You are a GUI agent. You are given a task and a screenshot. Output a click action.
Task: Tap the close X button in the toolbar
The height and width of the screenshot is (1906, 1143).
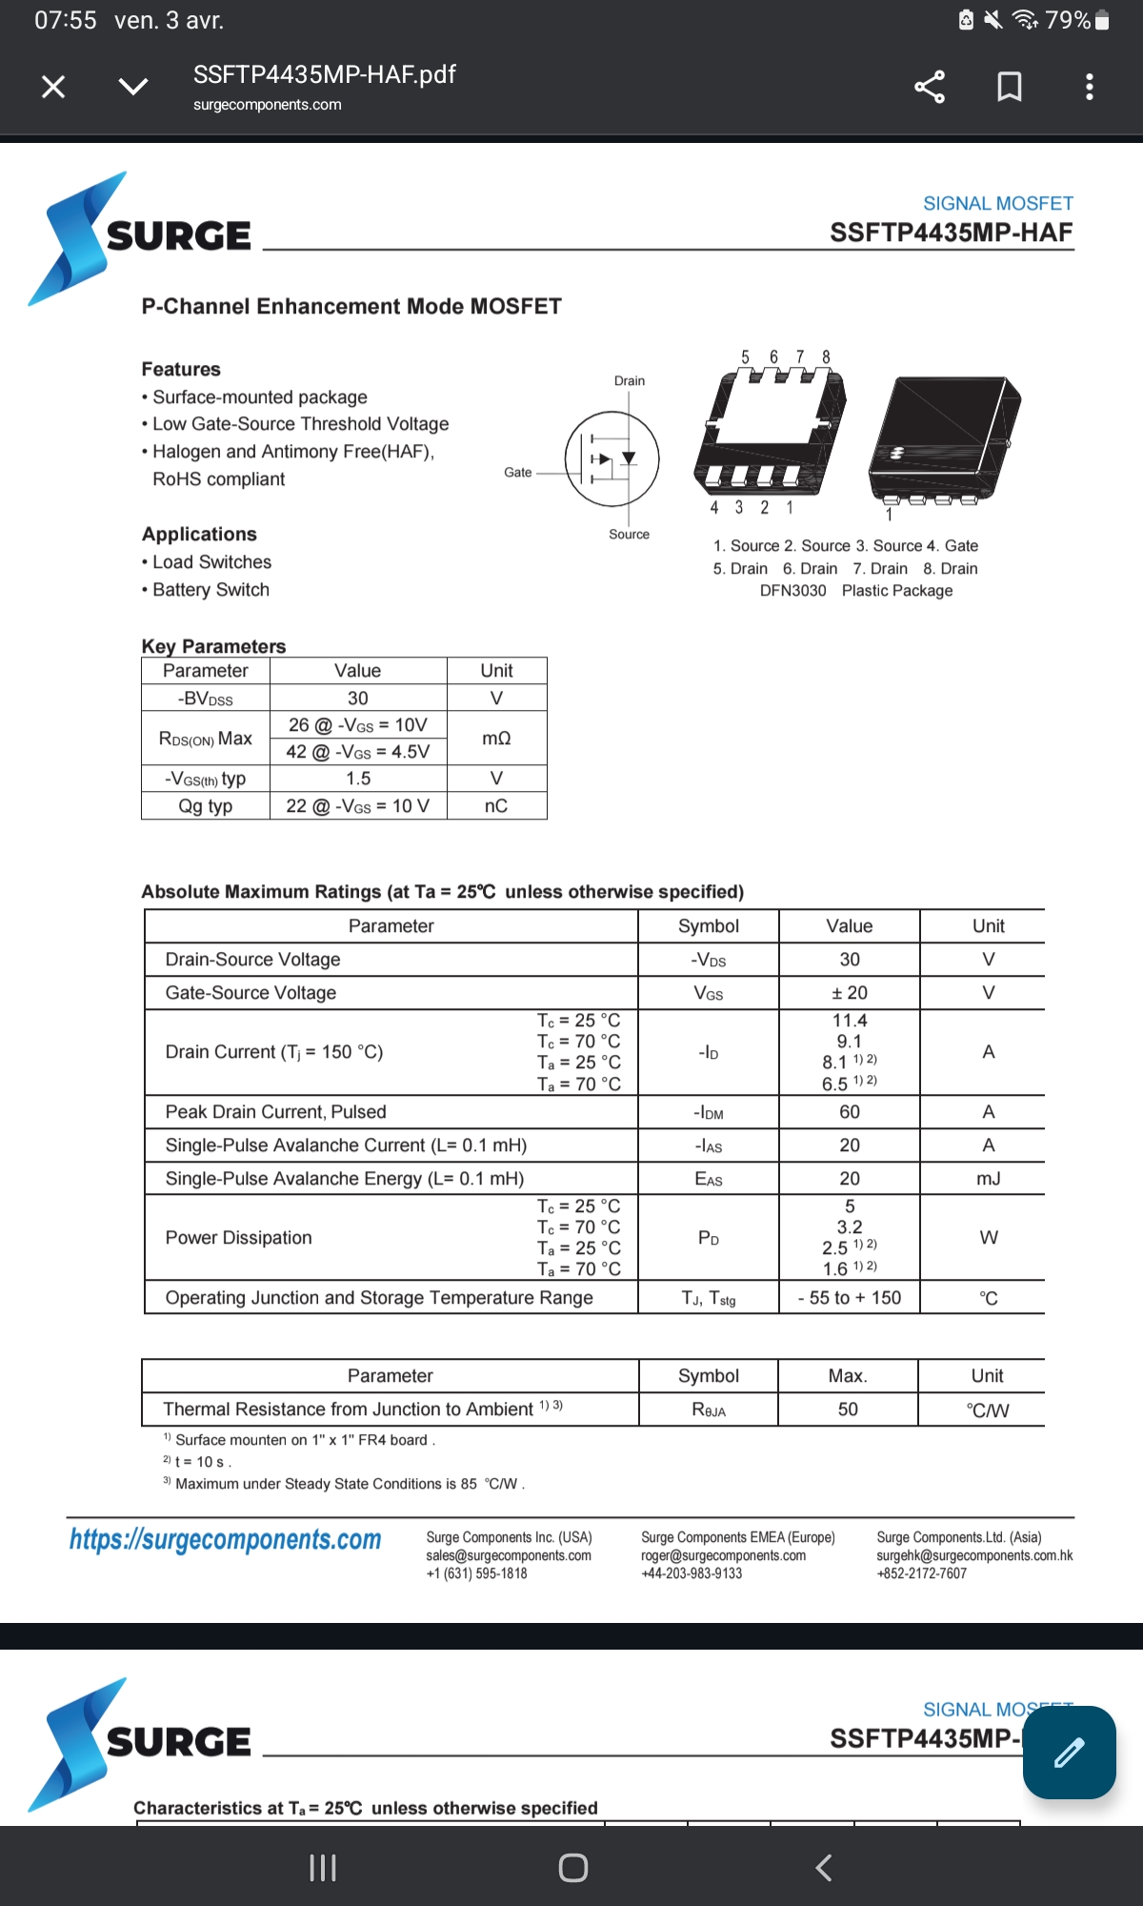[x=53, y=87]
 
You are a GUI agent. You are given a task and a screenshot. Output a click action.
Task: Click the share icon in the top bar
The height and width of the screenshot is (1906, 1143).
[x=930, y=87]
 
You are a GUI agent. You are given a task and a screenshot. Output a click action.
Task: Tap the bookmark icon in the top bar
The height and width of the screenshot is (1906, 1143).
[x=1010, y=87]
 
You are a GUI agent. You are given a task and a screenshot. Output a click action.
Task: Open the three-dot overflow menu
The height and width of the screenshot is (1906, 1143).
[x=1090, y=87]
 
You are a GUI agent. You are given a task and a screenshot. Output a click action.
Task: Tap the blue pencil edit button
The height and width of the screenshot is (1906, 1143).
[x=1069, y=1753]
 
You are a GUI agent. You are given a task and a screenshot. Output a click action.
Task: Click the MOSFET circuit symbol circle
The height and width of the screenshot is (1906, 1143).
[x=612, y=458]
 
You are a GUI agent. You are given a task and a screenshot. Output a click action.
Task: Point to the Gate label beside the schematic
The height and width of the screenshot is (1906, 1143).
[x=518, y=473]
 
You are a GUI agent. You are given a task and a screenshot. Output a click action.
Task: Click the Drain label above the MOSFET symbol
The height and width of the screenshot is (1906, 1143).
[x=630, y=381]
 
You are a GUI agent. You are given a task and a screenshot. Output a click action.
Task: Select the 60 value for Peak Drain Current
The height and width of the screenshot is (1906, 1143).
[x=850, y=1112]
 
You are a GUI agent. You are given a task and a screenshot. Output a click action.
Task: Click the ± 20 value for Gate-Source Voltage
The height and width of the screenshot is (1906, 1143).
[x=850, y=993]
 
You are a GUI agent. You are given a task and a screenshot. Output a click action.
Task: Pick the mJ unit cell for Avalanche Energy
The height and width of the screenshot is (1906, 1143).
[x=989, y=1179]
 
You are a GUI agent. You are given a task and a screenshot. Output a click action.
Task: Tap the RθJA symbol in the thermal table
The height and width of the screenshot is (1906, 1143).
[x=709, y=1410]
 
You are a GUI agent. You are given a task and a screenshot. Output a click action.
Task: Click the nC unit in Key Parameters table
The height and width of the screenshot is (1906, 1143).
[x=496, y=806]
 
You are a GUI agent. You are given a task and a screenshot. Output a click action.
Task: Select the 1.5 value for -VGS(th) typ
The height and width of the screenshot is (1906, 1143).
[x=358, y=779]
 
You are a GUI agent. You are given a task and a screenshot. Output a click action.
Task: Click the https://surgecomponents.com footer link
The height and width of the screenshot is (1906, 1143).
[x=226, y=1539]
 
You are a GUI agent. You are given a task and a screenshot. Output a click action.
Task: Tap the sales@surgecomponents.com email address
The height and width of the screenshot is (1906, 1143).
[x=509, y=1555]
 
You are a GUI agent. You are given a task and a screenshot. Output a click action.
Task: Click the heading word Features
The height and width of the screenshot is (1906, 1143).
[x=181, y=369]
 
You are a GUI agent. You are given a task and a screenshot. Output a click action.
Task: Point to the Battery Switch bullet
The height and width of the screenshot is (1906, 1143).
[x=211, y=590]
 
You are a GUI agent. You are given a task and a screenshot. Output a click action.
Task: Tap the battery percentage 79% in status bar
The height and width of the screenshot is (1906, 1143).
[x=1068, y=20]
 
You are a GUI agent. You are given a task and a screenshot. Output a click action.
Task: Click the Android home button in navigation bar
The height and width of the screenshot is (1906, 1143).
[x=572, y=1868]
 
